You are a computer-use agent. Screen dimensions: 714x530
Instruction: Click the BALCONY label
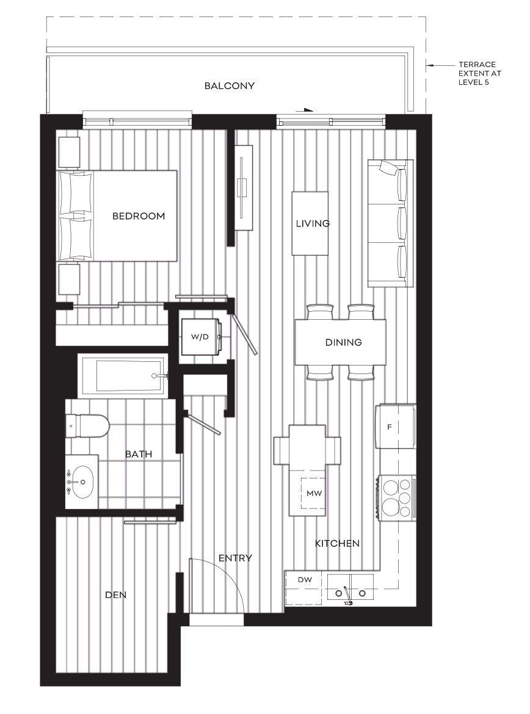click(x=229, y=86)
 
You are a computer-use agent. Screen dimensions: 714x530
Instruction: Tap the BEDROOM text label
click(x=139, y=216)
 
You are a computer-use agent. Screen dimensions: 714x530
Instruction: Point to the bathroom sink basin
click(x=81, y=482)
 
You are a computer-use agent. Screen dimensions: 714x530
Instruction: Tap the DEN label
click(x=115, y=594)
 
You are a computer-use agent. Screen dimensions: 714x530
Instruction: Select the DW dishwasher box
click(x=305, y=580)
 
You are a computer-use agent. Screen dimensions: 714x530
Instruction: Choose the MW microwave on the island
click(x=314, y=492)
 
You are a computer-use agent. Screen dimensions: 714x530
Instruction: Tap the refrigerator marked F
click(x=390, y=427)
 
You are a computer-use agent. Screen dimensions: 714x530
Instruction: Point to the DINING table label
click(x=343, y=343)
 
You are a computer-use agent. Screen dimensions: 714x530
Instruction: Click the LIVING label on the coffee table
click(x=313, y=223)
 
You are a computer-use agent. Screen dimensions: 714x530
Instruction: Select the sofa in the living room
click(x=390, y=223)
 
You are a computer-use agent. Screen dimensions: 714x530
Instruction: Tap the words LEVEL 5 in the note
click(x=474, y=82)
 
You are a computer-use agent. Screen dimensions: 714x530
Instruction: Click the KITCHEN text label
click(x=337, y=543)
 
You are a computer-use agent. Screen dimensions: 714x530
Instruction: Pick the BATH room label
click(x=139, y=454)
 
